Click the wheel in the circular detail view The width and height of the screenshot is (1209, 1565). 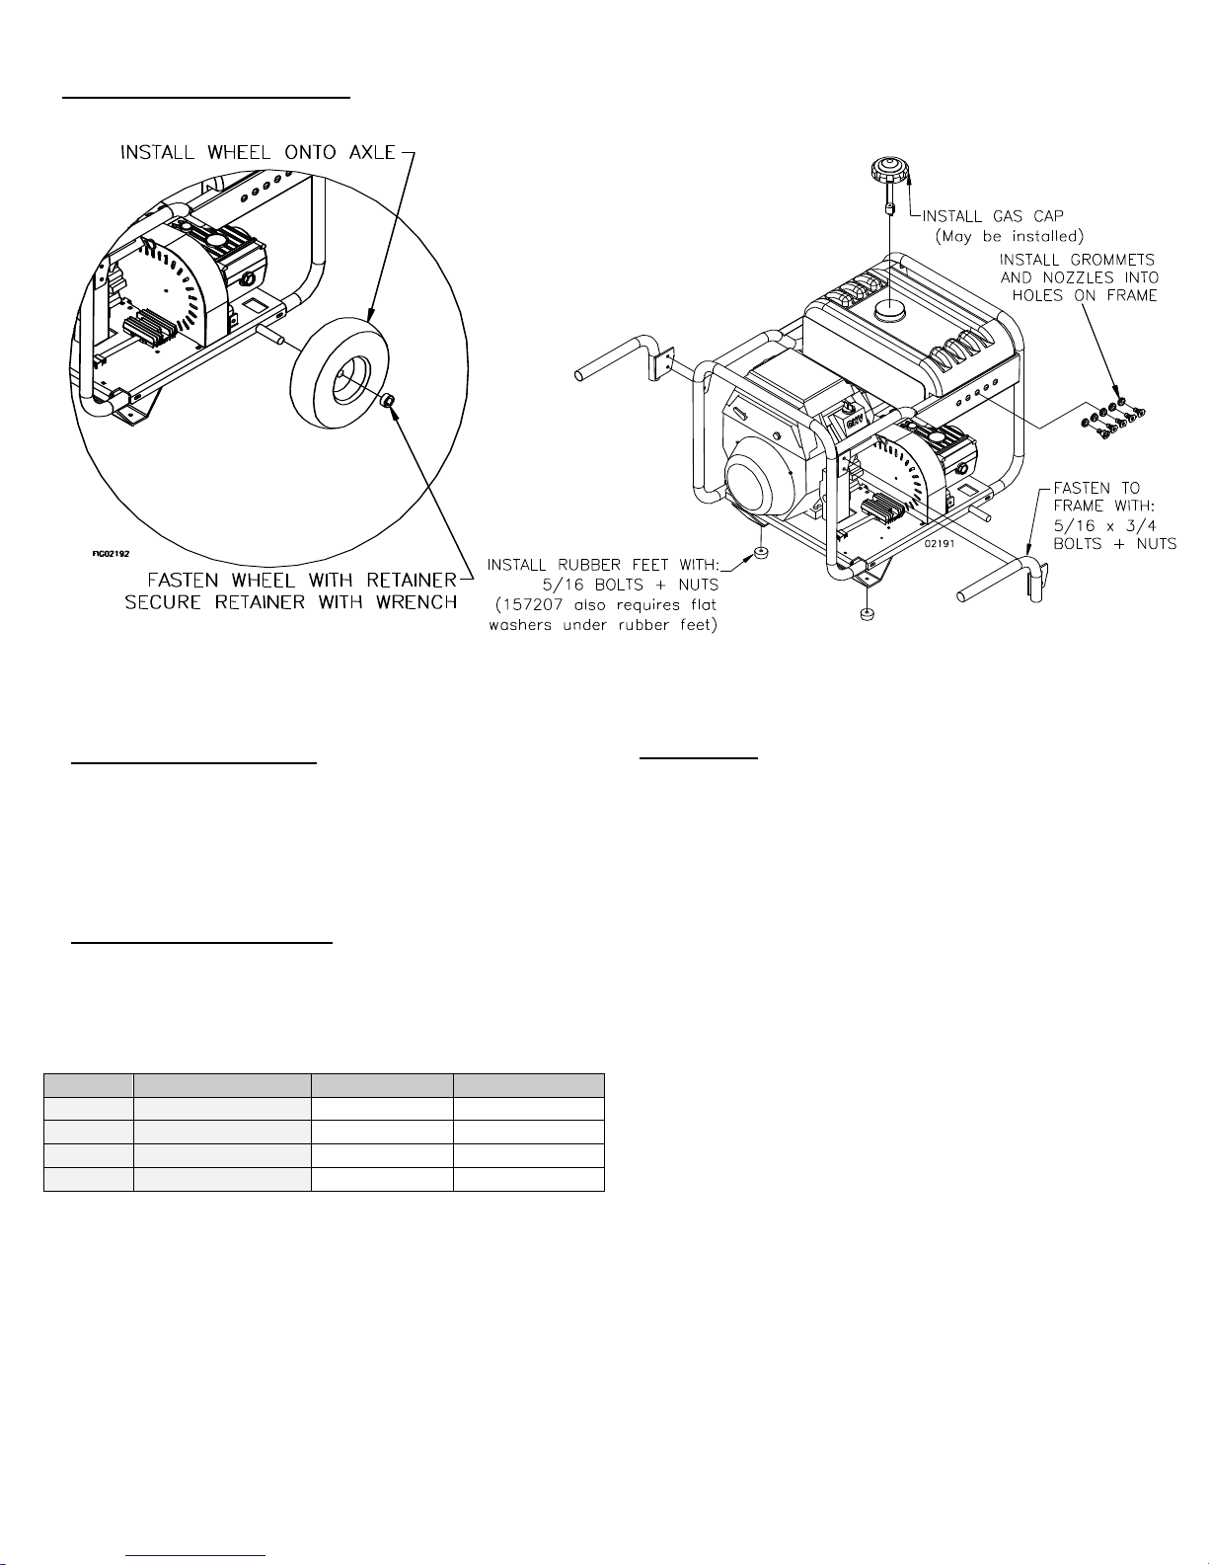tap(340, 375)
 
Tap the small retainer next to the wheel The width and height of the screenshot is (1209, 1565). tap(388, 401)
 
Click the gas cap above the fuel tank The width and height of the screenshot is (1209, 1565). tap(890, 170)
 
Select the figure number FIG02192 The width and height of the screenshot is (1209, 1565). tap(111, 554)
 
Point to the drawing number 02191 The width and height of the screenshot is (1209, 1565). tap(940, 544)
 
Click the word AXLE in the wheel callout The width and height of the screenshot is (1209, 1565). tap(371, 153)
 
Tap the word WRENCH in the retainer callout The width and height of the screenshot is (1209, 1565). tap(416, 602)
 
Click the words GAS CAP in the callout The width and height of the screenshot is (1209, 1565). tap(1027, 216)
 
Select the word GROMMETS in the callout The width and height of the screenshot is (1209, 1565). tap(1112, 260)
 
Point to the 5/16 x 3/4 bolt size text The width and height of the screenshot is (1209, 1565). tap(1104, 525)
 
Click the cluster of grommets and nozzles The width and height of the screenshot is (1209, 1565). tap(1112, 419)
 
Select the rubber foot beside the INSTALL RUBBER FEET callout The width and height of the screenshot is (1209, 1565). tap(759, 553)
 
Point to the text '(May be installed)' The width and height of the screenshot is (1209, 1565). tap(1009, 236)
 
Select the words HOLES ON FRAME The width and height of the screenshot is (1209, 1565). tap(1085, 295)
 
